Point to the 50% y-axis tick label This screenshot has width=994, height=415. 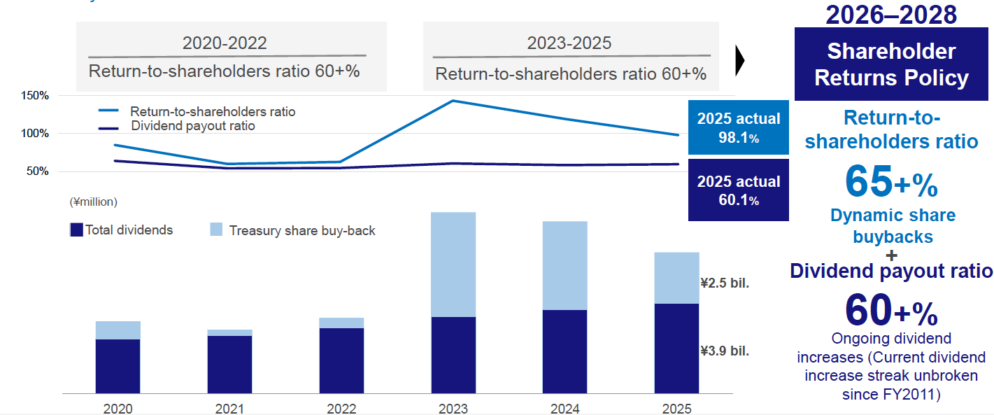click(x=37, y=171)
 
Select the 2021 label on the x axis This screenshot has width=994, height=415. click(x=229, y=408)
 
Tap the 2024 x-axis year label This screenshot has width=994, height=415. click(x=565, y=408)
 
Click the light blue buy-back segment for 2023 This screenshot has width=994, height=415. click(x=453, y=265)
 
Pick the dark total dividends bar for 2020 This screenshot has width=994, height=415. click(x=118, y=366)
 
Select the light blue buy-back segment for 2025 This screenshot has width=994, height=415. click(x=676, y=278)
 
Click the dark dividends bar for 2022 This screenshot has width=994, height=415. click(x=341, y=360)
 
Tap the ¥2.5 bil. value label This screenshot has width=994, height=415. click(x=725, y=283)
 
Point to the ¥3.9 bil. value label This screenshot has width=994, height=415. click(x=725, y=351)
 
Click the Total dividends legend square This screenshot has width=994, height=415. click(x=77, y=230)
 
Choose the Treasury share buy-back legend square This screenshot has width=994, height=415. click(x=216, y=230)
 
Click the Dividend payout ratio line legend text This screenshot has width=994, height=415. click(x=192, y=126)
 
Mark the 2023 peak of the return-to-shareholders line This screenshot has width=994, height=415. click(x=453, y=101)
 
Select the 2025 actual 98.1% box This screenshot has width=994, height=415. click(x=738, y=127)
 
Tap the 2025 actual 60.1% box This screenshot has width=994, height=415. click(x=738, y=190)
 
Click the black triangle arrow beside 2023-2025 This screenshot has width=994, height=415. click(x=739, y=62)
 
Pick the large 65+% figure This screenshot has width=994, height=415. click(x=890, y=182)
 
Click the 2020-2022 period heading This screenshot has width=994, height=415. click(x=225, y=43)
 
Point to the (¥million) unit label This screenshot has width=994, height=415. click(x=93, y=202)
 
